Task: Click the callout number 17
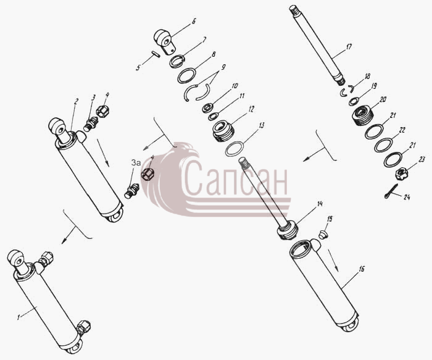point(348,47)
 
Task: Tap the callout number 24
point(407,197)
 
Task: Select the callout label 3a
point(136,163)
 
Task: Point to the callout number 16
point(362,268)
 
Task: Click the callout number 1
point(19,317)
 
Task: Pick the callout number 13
point(261,125)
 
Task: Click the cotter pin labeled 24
point(391,191)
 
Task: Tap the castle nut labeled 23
point(400,174)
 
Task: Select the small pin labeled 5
point(156,54)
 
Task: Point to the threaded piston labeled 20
point(363,115)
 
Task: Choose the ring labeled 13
point(235,149)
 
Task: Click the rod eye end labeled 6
point(164,41)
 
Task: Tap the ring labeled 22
point(383,144)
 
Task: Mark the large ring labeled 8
point(186,75)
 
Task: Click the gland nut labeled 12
point(223,132)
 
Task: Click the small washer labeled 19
point(354,101)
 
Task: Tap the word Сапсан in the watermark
point(234,178)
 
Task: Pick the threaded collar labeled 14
point(288,230)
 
